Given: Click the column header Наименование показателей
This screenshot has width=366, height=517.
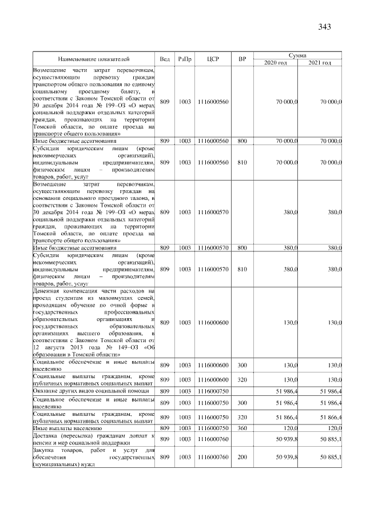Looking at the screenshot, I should coord(94,59).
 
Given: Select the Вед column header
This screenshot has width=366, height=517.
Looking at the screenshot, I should coord(165,59).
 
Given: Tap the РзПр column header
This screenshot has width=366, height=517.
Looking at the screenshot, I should coord(185,59).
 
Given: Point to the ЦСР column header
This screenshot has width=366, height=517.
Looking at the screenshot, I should coord(212,59).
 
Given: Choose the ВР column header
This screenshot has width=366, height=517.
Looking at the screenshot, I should coord(242,59).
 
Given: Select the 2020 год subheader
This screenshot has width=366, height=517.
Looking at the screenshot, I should coord(276,62).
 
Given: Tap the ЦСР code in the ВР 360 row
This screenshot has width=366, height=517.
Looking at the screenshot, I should coord(212,427).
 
